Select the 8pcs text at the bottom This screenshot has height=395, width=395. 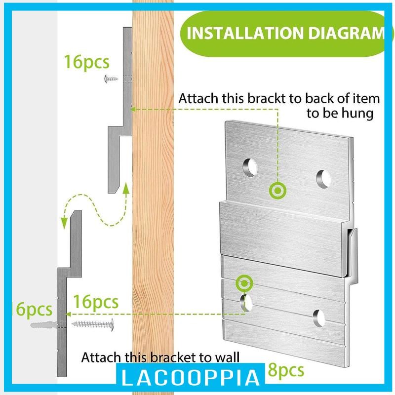point(283,369)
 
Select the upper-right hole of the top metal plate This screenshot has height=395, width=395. point(323,178)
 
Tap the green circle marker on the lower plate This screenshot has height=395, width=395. point(244,283)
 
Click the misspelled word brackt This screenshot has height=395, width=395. point(271,98)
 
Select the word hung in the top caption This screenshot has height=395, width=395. point(359,114)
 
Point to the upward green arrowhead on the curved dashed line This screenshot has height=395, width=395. point(126,188)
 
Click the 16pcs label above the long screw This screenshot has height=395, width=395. point(96,301)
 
